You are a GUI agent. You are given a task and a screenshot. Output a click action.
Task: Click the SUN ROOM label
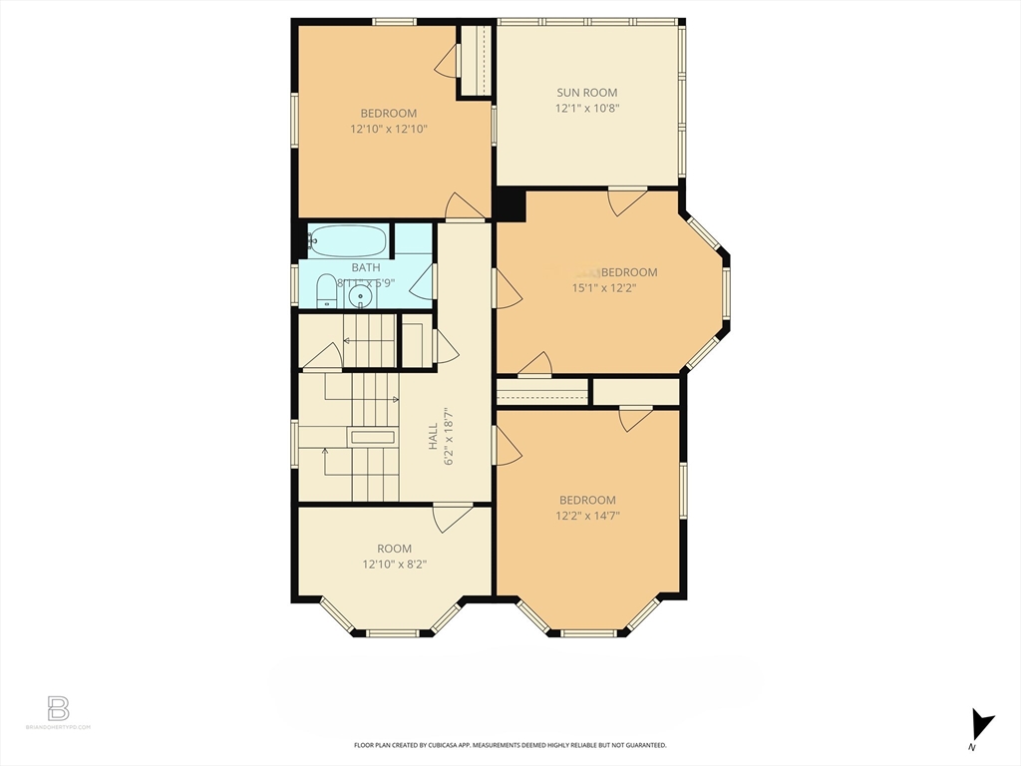click(x=587, y=93)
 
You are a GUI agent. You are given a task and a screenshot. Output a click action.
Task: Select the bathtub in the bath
click(x=347, y=240)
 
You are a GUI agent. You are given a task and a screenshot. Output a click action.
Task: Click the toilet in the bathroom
click(x=326, y=292)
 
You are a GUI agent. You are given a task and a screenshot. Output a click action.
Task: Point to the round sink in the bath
click(x=361, y=296)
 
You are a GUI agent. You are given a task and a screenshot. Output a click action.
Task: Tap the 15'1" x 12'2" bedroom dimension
click(x=603, y=288)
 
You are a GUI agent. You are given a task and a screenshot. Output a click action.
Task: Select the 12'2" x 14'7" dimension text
click(x=587, y=516)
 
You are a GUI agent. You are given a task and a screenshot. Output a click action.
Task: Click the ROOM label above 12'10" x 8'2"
click(x=394, y=549)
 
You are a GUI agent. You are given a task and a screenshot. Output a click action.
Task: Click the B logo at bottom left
click(x=59, y=709)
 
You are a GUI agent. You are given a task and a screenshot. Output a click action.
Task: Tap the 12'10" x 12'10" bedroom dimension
click(x=389, y=129)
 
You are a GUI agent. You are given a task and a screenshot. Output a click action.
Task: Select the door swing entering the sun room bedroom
click(x=626, y=202)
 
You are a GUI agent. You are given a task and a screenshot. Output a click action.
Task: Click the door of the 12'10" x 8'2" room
click(x=453, y=518)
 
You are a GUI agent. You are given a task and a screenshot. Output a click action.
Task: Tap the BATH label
click(x=366, y=267)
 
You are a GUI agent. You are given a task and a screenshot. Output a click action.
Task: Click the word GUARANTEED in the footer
click(x=640, y=745)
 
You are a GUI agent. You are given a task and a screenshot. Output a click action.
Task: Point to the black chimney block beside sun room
click(x=509, y=204)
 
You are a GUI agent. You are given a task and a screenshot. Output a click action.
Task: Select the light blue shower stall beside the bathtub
click(x=412, y=239)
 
